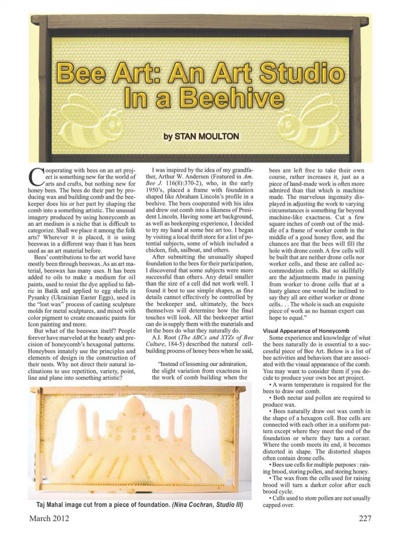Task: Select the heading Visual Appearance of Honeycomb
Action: (x=306, y=331)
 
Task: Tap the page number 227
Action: (x=365, y=518)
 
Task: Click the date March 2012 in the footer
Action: (x=49, y=518)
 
